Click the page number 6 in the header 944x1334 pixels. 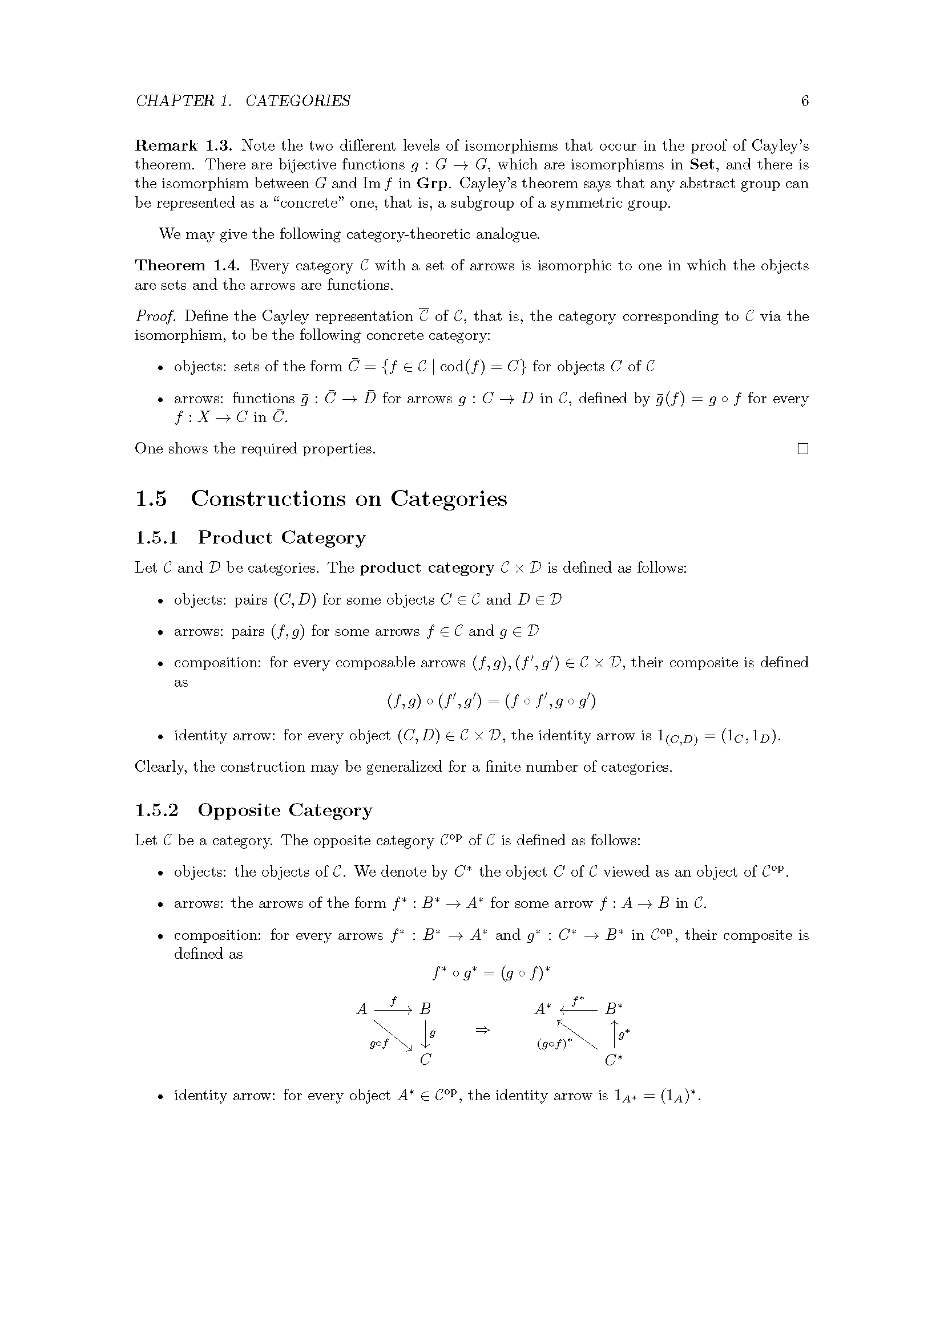click(x=805, y=101)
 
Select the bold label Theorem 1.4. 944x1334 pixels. click(x=188, y=266)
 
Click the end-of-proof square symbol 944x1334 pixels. click(x=803, y=448)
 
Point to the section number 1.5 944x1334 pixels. click(x=151, y=498)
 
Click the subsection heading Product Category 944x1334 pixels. click(x=282, y=537)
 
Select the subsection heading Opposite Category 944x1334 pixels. click(x=285, y=810)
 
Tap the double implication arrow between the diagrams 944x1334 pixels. click(x=482, y=1030)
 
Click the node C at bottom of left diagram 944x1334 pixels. click(x=426, y=1060)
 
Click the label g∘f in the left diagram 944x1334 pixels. click(x=379, y=1044)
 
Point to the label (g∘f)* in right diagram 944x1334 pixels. click(x=554, y=1044)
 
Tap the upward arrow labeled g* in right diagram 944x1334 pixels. click(x=615, y=1034)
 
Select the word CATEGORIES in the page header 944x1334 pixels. click(x=297, y=101)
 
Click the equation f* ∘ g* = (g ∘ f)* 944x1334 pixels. click(x=491, y=972)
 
